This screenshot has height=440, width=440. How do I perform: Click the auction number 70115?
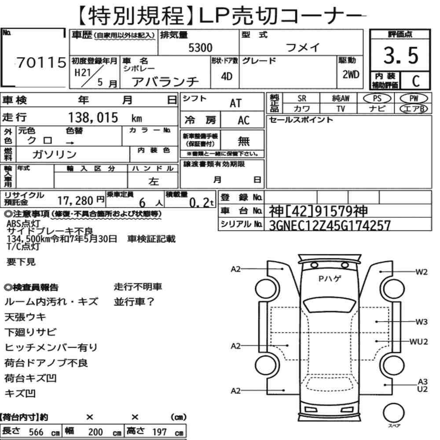(x=41, y=62)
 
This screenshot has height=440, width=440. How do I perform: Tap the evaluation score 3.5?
(x=401, y=55)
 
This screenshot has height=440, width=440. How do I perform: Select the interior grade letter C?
(x=416, y=81)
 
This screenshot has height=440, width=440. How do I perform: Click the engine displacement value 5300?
(x=200, y=48)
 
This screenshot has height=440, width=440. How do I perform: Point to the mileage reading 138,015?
(x=93, y=117)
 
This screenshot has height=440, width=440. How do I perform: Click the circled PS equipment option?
(x=377, y=99)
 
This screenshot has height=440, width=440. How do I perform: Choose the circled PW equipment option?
(x=414, y=99)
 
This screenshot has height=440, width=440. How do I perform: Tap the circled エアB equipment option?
(x=414, y=109)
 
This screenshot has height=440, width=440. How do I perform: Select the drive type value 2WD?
(x=351, y=75)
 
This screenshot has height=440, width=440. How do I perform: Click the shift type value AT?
(x=235, y=103)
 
